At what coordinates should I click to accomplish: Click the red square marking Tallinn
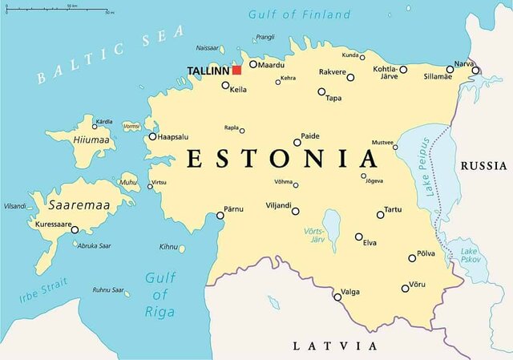[x=236, y=71]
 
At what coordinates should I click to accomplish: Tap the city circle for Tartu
[x=381, y=214]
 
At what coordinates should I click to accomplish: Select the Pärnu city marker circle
[x=220, y=215]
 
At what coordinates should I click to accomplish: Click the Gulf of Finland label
[x=299, y=14]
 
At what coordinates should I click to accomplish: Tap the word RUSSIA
[x=483, y=166]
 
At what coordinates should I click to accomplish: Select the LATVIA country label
[x=334, y=346]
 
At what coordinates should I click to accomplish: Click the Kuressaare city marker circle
[x=75, y=229]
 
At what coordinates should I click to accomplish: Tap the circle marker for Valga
[x=337, y=297]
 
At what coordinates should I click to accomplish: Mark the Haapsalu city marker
[x=152, y=136]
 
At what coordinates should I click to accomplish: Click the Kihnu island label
[x=168, y=247]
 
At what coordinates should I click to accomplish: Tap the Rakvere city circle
[x=350, y=78]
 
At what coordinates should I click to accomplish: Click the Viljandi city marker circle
[x=295, y=212]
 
